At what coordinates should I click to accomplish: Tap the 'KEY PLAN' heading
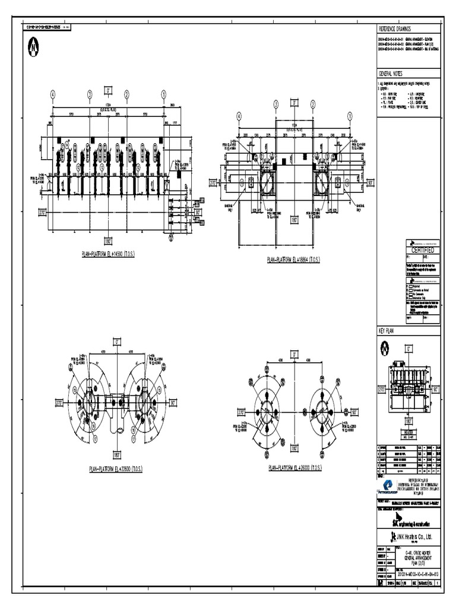[387, 330]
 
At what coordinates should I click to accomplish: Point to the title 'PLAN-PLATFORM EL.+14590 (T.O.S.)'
[108, 254]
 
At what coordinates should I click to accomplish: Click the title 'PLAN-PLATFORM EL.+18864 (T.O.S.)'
[293, 259]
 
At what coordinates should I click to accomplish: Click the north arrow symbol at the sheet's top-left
[33, 46]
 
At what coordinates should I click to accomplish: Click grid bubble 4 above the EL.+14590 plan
[53, 94]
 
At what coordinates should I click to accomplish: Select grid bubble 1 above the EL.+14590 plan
[163, 94]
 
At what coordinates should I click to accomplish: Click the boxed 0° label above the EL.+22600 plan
[116, 342]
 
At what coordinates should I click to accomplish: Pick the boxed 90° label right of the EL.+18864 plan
[370, 183]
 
